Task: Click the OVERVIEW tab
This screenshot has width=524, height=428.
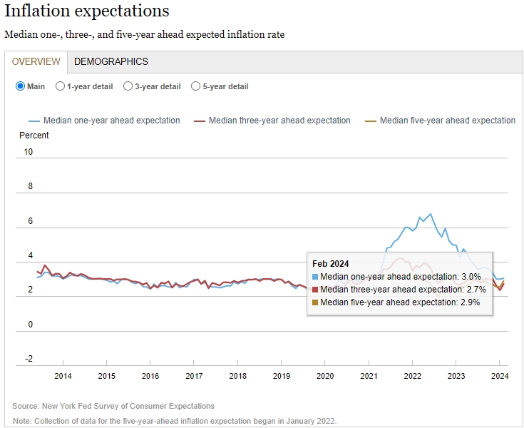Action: pos(36,61)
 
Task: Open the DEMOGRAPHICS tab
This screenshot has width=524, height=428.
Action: pos(111,61)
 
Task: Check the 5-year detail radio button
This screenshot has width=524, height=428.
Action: pos(195,86)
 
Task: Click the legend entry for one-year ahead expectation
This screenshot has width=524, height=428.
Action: pos(111,121)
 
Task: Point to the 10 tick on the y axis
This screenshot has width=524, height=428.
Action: pos(29,152)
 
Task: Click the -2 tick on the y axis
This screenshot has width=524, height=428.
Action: pos(29,359)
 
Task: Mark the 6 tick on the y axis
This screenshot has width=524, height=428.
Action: pos(29,221)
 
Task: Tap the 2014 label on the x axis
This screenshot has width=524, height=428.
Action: pos(63,376)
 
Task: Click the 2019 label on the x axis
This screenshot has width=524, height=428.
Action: pos(282,376)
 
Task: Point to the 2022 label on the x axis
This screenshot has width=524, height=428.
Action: pos(413,376)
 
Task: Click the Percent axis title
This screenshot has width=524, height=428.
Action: pos(34,136)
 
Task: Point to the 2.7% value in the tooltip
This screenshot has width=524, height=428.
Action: pos(478,290)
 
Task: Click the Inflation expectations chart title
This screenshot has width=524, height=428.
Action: pos(87,11)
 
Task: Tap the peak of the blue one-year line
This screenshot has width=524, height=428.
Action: pos(430,214)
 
